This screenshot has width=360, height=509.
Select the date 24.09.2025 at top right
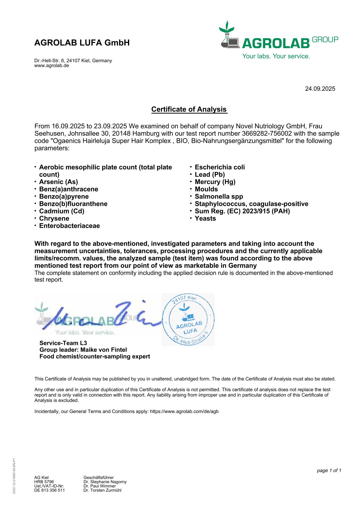click(x=320, y=89)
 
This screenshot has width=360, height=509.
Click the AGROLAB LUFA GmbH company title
click(x=82, y=43)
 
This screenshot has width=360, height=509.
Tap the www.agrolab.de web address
click(x=51, y=66)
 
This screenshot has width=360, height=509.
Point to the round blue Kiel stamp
click(x=188, y=319)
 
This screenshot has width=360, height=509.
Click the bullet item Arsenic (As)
click(x=58, y=182)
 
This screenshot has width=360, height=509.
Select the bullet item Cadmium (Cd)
click(x=62, y=211)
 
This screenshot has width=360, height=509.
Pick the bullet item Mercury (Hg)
click(x=215, y=182)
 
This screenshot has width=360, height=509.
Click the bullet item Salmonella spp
click(x=219, y=196)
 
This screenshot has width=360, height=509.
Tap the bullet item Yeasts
click(x=205, y=219)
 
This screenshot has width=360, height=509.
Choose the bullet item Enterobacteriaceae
click(x=69, y=226)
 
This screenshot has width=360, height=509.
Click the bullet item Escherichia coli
click(x=220, y=167)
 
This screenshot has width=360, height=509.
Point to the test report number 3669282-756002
click(x=267, y=134)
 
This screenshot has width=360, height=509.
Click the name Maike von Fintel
click(x=103, y=350)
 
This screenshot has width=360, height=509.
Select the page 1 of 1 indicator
click(x=329, y=470)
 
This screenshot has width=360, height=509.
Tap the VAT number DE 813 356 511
click(x=49, y=490)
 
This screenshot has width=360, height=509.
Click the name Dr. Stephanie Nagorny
click(x=105, y=482)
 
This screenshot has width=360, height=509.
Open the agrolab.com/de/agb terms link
click(x=184, y=411)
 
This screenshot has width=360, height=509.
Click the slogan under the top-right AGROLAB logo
click(x=276, y=56)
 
